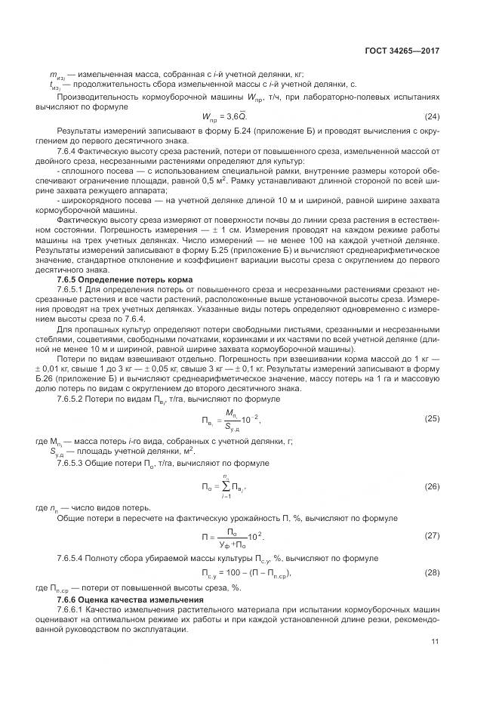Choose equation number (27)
pos(432,536)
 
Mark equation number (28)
pos(432,574)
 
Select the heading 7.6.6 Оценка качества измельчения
pos(125,599)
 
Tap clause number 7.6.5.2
pos(71,398)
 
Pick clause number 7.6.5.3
pos(71,461)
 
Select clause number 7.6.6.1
pos(71,609)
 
